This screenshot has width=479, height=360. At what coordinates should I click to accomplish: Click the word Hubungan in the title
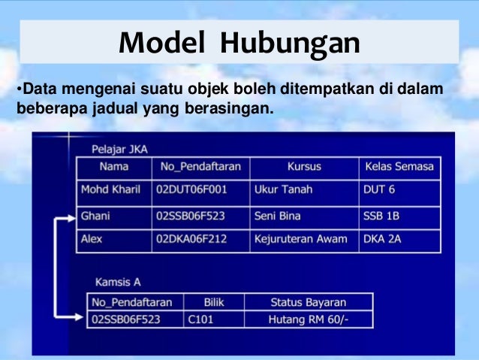(x=290, y=44)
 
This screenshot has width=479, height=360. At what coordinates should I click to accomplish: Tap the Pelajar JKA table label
(x=119, y=150)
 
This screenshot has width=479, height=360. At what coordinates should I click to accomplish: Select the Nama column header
(x=113, y=167)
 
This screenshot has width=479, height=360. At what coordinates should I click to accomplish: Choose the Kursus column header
(x=305, y=167)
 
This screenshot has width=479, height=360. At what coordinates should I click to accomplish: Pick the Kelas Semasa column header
(x=399, y=167)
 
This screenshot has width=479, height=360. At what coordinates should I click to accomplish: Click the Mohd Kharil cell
(x=110, y=189)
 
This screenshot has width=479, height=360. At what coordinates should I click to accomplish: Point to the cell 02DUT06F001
(x=191, y=189)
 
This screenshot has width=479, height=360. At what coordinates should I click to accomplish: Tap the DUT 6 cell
(x=379, y=189)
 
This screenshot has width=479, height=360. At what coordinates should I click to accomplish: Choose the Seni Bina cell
(x=278, y=216)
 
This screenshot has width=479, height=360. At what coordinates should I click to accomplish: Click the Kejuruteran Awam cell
(x=301, y=240)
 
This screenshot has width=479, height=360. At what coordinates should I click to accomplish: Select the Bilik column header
(x=214, y=302)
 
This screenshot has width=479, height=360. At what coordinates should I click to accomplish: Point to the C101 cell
(x=202, y=319)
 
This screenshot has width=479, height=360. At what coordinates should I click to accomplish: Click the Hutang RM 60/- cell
(x=309, y=319)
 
